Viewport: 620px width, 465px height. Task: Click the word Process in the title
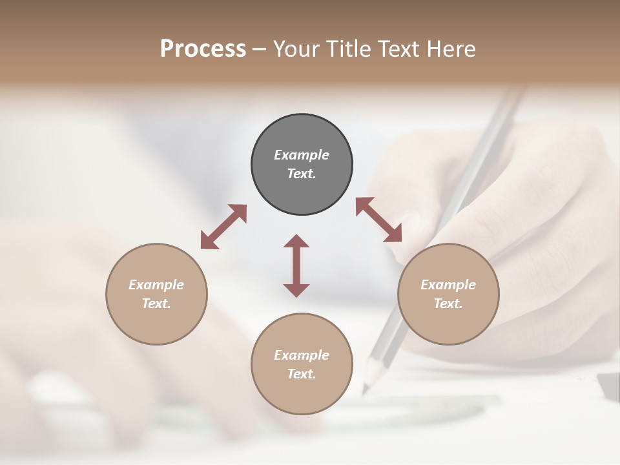(x=203, y=49)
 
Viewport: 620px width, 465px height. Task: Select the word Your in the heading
(x=296, y=49)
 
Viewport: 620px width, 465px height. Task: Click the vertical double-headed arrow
(x=296, y=265)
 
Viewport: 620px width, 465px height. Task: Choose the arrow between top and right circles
(x=378, y=220)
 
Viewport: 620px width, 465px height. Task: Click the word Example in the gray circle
(x=302, y=155)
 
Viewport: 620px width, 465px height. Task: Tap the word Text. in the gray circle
(x=302, y=174)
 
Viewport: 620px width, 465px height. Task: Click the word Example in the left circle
(x=156, y=285)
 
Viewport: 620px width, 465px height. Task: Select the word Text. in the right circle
(x=448, y=304)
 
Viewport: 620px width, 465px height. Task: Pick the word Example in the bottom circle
(x=302, y=355)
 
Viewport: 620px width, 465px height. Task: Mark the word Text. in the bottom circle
(x=302, y=374)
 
